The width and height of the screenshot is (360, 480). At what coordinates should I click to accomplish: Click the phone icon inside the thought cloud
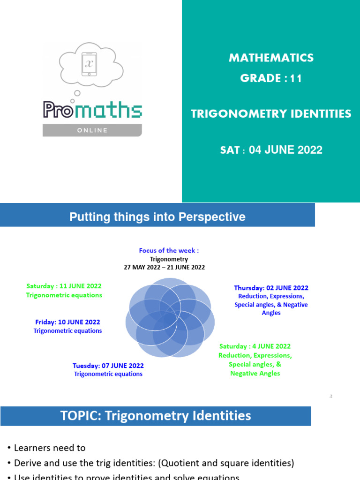tap(89, 64)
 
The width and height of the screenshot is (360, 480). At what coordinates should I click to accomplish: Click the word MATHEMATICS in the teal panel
tap(271, 58)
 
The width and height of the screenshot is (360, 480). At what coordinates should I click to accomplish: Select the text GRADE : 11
tap(271, 78)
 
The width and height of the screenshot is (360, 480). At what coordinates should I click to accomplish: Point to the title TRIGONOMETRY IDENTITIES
tap(271, 114)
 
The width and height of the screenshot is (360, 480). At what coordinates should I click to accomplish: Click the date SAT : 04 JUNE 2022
tap(271, 150)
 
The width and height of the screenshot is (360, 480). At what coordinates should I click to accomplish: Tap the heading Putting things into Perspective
tap(157, 217)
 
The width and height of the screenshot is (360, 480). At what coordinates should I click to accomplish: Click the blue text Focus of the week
tap(169, 251)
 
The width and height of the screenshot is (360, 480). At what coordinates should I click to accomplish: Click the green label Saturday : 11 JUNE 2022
tap(64, 286)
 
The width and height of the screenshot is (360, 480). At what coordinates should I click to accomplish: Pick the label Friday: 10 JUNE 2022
tap(67, 322)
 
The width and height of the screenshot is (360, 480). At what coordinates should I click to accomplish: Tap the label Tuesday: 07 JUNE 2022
tap(108, 366)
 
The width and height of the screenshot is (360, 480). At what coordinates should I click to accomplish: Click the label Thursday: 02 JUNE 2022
tap(271, 288)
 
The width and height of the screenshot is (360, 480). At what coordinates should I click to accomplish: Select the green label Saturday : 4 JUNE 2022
tap(255, 346)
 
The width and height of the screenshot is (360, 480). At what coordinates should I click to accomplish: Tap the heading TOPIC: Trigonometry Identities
tap(156, 416)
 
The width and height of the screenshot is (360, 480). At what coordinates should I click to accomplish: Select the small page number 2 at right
tap(330, 397)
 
